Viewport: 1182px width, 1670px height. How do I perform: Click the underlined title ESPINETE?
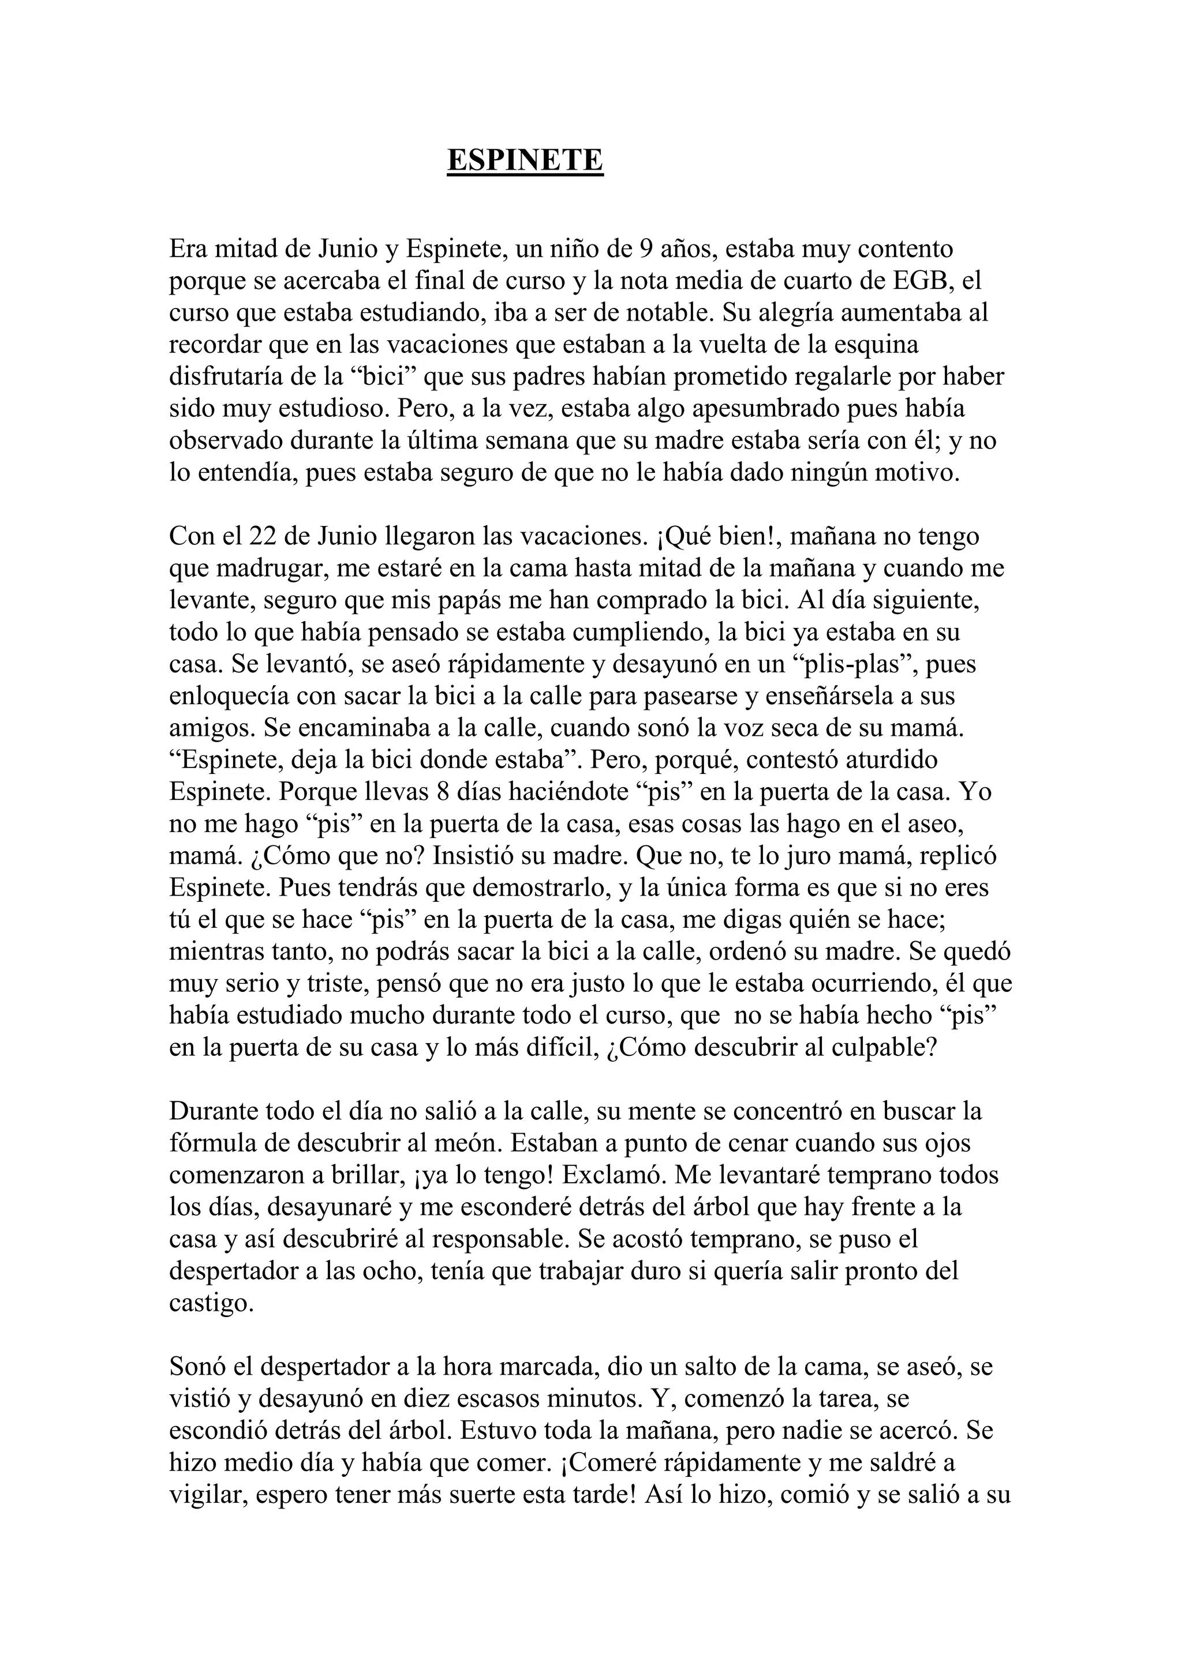click(x=525, y=160)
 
